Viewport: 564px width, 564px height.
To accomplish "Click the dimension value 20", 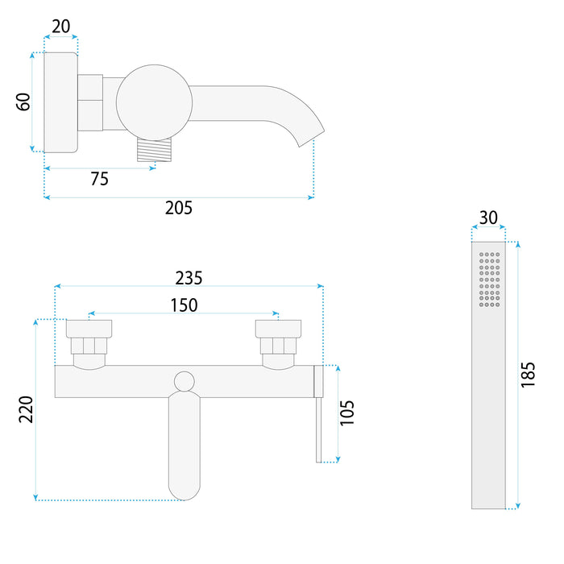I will [60, 27].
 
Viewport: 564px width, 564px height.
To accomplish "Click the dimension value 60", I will [23, 102].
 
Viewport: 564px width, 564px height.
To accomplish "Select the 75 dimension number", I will [99, 179].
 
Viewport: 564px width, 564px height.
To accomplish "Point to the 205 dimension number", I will [179, 208].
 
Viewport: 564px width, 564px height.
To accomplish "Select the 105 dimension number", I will [347, 413].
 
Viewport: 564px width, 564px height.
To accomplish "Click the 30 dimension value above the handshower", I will [488, 218].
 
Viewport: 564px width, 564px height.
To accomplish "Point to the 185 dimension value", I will [529, 375].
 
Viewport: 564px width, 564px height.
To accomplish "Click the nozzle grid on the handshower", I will [489, 280].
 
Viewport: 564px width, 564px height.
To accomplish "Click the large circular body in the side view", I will [154, 102].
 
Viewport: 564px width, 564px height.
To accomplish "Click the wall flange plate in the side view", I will [60, 102].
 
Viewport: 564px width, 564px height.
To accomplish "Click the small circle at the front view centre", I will [185, 381].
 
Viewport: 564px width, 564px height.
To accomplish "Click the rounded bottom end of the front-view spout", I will [185, 487].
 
